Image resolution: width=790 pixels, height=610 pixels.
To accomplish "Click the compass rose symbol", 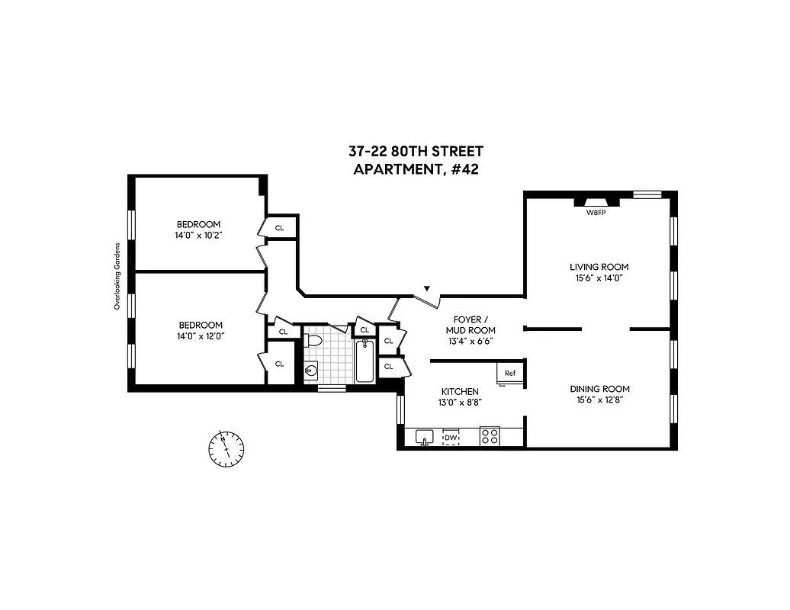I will coord(226,448).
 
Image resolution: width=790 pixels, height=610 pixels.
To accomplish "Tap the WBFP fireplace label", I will coord(597,212).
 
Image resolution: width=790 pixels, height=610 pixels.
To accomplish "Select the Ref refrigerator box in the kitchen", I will coord(510,373).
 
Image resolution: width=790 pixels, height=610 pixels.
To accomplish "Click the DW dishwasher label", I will coord(451,438).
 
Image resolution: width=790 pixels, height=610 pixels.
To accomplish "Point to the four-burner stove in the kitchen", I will coord(490,437).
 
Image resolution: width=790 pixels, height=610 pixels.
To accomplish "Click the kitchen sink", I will coord(425,437).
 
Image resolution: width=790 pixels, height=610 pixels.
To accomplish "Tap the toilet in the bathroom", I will coord(313,341).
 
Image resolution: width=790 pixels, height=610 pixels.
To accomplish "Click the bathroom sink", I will coord(311,371).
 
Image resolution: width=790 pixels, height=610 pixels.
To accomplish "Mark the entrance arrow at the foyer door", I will coord(427,288).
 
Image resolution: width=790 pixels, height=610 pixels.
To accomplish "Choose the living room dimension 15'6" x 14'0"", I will coord(599,279).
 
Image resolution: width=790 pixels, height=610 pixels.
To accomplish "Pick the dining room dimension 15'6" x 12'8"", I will coord(599,400).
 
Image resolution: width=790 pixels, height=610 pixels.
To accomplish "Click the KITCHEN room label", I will coord(458,391).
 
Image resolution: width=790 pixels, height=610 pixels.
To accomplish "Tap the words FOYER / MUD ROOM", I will coord(474,325).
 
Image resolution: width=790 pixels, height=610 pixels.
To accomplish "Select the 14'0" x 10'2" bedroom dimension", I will coord(198,236).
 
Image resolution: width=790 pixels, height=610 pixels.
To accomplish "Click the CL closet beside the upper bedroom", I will coord(279,227).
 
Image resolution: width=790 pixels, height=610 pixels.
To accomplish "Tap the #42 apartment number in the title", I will coord(464,170).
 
